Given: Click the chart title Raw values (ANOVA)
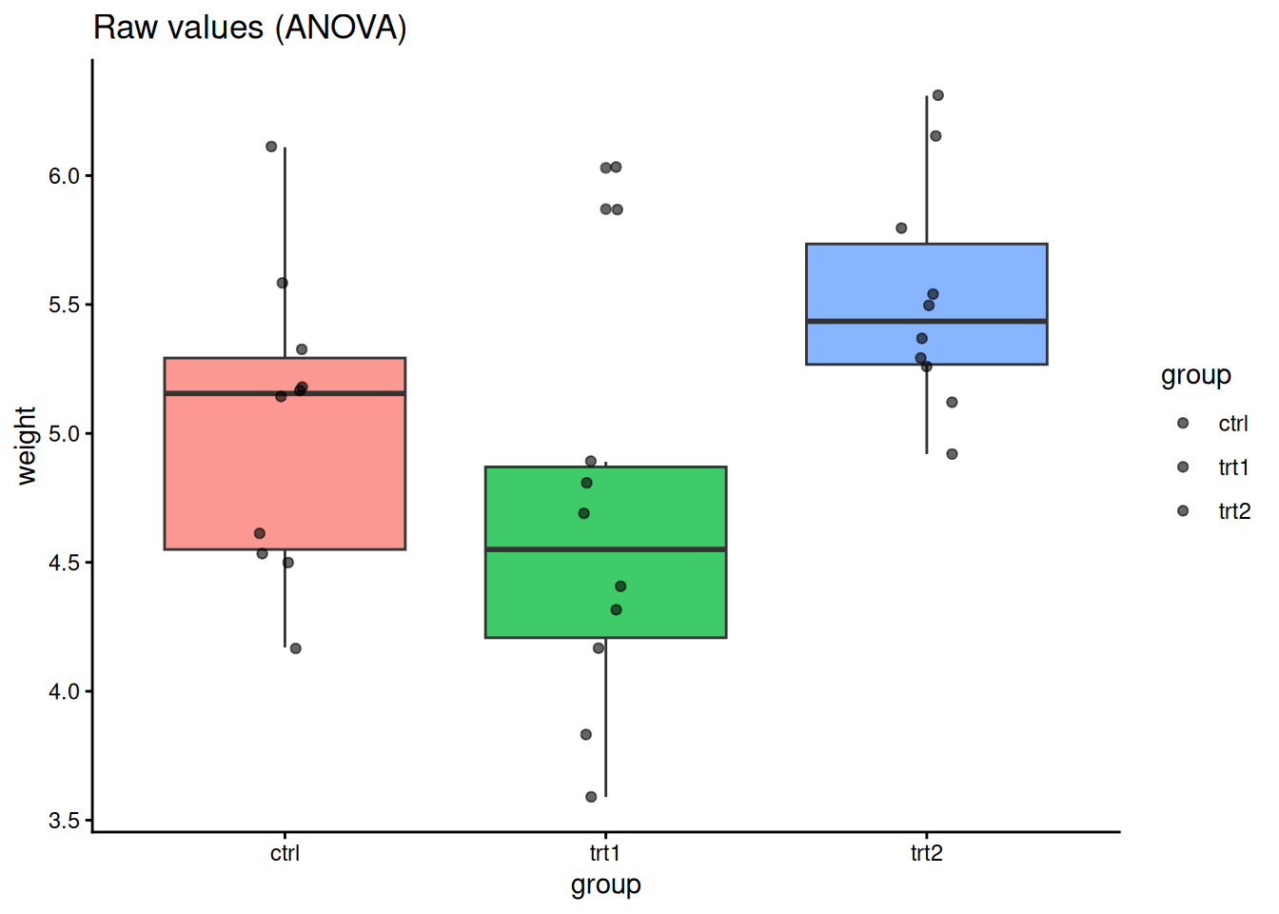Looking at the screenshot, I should click(x=249, y=28).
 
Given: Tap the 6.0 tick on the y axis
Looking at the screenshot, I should click(x=64, y=176).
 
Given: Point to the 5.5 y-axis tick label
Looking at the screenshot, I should click(x=64, y=305).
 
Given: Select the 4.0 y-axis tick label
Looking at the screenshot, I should click(x=64, y=691).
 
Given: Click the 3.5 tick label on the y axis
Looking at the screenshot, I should click(x=64, y=821).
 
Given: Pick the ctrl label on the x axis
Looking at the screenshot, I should click(x=285, y=853).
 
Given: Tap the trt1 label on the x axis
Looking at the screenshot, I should click(x=605, y=853).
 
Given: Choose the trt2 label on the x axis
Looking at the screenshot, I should click(x=926, y=853).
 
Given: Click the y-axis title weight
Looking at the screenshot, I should click(x=26, y=446).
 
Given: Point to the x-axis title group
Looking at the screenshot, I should click(x=605, y=885).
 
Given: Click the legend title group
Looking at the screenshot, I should click(x=1195, y=375).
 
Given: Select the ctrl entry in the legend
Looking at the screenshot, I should click(x=1232, y=424).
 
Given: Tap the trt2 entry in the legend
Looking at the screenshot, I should click(x=1233, y=511).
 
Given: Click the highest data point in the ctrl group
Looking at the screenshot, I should click(x=271, y=147).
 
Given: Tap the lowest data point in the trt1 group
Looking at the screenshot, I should click(x=591, y=797).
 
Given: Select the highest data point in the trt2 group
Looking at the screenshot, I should click(x=937, y=95).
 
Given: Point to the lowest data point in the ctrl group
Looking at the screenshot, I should click(x=295, y=648).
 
